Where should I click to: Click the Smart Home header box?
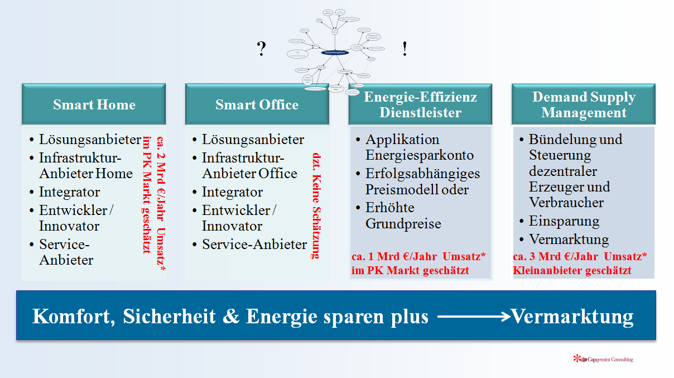[x=94, y=104]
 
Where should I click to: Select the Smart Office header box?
[x=257, y=104]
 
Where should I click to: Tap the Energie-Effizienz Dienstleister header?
[x=420, y=104]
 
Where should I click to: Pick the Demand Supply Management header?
[x=583, y=104]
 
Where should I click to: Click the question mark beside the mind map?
[x=261, y=50]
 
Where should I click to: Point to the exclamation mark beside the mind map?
[x=405, y=50]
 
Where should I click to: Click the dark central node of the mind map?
[x=335, y=52]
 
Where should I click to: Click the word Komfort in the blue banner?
[x=70, y=317]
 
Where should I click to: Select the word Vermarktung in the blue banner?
[x=572, y=317]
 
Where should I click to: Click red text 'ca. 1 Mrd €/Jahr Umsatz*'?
[x=418, y=256]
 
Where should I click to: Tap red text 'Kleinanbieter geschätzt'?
[x=572, y=271]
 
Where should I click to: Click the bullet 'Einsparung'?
[x=564, y=221]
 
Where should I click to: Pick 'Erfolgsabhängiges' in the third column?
[x=422, y=174]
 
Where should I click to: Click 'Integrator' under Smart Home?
[x=69, y=192]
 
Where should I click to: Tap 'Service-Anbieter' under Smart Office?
[x=254, y=245]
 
